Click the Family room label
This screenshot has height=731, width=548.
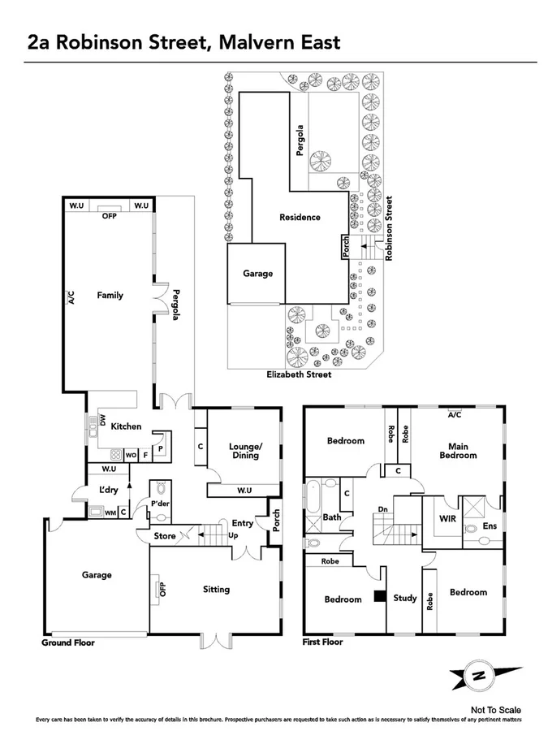pyautogui.click(x=110, y=296)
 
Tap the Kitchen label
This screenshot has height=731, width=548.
pyautogui.click(x=127, y=426)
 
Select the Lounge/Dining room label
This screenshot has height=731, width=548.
pyautogui.click(x=244, y=451)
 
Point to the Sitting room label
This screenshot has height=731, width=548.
pyautogui.click(x=216, y=590)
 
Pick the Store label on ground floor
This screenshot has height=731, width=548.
pyautogui.click(x=166, y=536)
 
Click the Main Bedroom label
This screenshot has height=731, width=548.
pyautogui.click(x=459, y=451)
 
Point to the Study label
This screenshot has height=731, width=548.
pyautogui.click(x=405, y=599)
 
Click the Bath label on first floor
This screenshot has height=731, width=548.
pyautogui.click(x=332, y=517)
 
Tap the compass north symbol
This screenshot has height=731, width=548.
pyautogui.click(x=479, y=676)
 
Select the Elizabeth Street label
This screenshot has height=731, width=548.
pyautogui.click(x=300, y=375)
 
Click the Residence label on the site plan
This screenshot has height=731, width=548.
pyautogui.click(x=300, y=218)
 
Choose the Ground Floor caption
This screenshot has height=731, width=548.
pyautogui.click(x=68, y=642)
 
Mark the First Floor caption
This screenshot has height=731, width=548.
pyautogui.click(x=322, y=642)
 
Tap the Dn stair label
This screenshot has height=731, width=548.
pyautogui.click(x=382, y=510)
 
